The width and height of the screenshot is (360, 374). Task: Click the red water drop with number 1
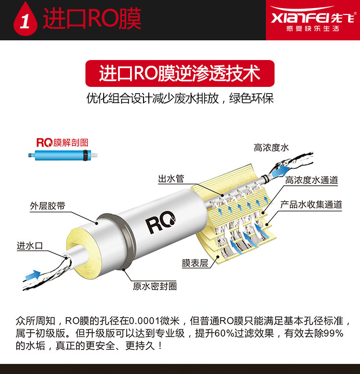25,20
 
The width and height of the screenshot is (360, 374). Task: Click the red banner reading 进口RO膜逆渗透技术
180,73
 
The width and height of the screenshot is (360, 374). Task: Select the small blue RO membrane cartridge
63,155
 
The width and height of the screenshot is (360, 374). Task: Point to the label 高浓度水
271,148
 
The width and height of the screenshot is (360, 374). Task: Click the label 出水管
171,179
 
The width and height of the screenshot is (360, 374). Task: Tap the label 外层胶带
48,206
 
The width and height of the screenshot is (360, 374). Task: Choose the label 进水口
30,245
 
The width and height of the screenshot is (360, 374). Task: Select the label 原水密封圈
155,286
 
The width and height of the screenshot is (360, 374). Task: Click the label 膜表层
195,263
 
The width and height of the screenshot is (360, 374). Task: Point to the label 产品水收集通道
311,205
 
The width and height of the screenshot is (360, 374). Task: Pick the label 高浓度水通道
312,180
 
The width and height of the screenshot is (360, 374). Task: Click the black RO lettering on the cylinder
160,222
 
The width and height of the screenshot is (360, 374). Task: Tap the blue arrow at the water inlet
33,275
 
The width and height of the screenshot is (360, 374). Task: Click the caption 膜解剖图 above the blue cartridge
71,143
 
